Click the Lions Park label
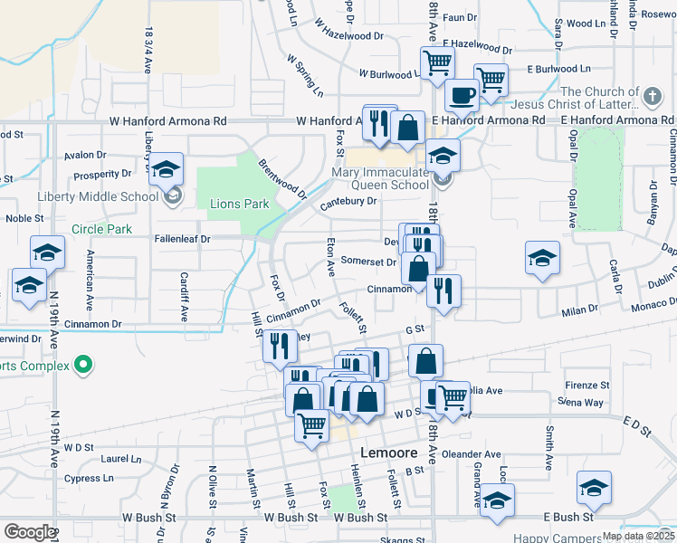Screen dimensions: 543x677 pyautogui.click(x=239, y=204)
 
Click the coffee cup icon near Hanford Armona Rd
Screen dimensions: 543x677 pyautogui.click(x=462, y=95)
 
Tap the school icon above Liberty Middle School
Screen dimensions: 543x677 pyautogui.click(x=167, y=169)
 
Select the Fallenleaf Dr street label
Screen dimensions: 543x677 pyautogui.click(x=182, y=239)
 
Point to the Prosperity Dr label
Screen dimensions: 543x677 pyautogui.click(x=103, y=174)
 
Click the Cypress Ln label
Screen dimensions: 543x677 pyautogui.click(x=89, y=478)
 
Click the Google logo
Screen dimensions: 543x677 pyautogui.click(x=29, y=532)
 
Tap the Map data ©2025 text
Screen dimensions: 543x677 pyautogui.click(x=638, y=536)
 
